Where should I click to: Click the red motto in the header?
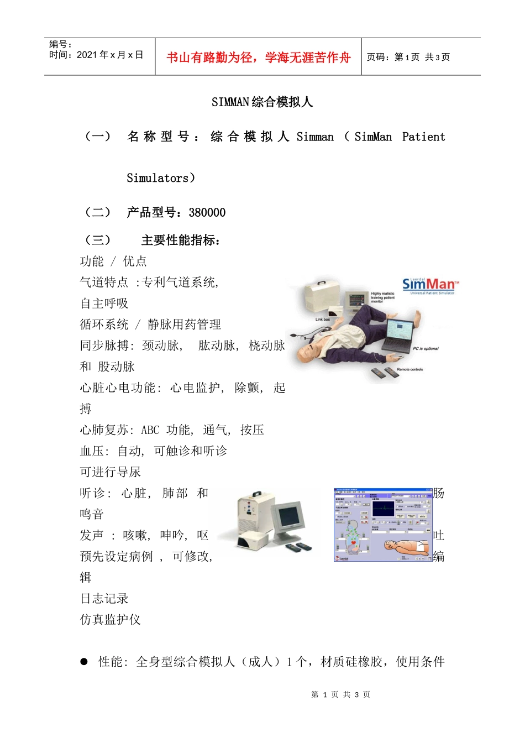click(258, 57)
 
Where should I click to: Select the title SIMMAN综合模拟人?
click(262, 102)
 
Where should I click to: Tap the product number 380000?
click(207, 213)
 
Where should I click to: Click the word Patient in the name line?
click(423, 137)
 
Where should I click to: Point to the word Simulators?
click(158, 178)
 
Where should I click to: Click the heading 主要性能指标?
click(181, 240)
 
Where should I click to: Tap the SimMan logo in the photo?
click(429, 285)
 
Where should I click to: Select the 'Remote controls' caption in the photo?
click(410, 369)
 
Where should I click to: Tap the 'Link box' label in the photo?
click(323, 320)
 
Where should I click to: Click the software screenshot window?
click(382, 525)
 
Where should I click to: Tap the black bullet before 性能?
click(84, 661)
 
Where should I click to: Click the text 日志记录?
click(104, 599)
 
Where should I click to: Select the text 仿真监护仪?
click(111, 620)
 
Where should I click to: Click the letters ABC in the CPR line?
click(150, 430)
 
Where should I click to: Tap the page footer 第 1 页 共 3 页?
click(340, 694)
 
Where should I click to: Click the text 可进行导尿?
click(111, 472)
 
